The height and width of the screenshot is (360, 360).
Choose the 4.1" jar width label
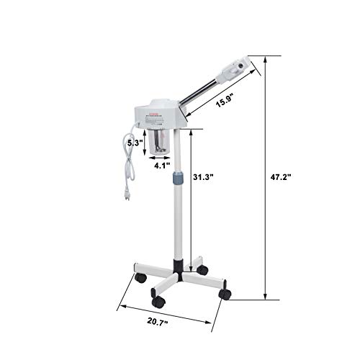pyautogui.click(x=163, y=164)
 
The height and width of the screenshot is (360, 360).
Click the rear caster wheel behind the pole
pyautogui.click(x=202, y=269)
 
